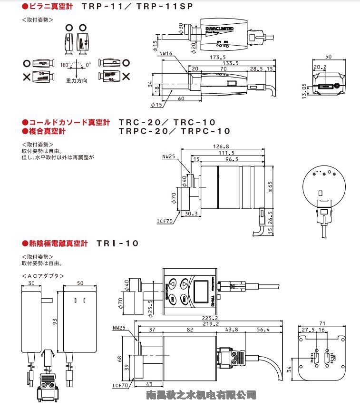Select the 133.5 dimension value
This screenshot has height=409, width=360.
coord(230,63)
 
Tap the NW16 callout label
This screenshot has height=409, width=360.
coord(166,54)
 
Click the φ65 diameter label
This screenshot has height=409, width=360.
coord(270,186)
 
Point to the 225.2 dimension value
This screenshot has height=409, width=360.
coord(210,318)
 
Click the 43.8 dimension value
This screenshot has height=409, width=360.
coord(232,330)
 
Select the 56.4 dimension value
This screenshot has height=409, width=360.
coord(263,330)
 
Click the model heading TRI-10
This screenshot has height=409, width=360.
coord(117,243)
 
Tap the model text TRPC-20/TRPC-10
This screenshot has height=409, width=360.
coord(174,131)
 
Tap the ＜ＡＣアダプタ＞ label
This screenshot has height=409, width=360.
coord(43,276)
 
